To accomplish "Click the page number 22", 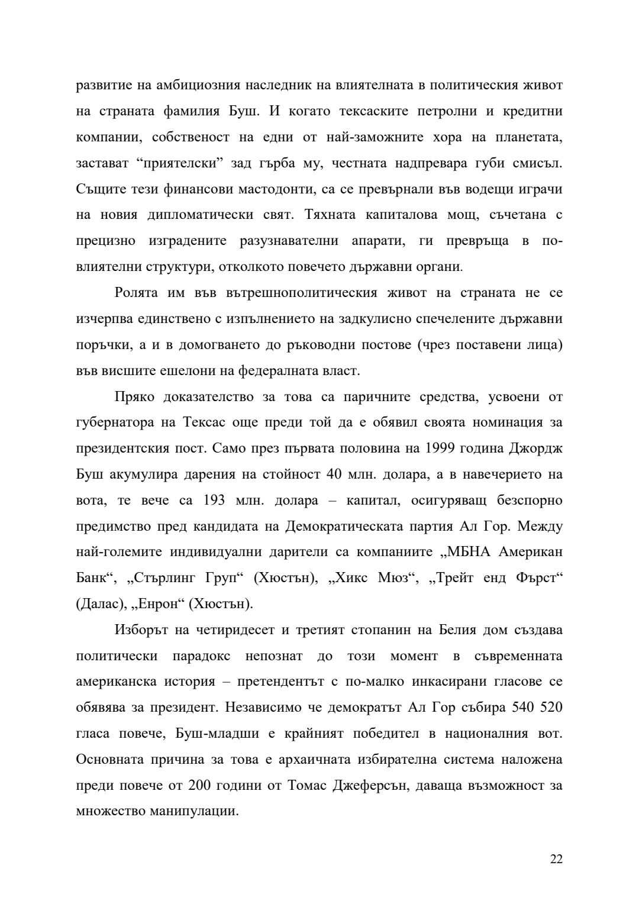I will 556,859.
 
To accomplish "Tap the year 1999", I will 440,448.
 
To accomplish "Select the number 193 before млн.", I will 214,501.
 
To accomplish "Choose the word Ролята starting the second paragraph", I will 137,293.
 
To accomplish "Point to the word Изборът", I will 140,629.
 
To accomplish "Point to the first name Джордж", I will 535,448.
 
